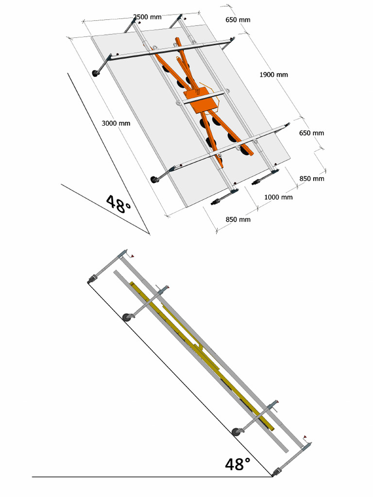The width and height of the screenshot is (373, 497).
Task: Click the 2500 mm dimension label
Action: (148, 17)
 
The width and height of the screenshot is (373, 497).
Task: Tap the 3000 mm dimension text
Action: (116, 123)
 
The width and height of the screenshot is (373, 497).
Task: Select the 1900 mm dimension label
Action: (273, 75)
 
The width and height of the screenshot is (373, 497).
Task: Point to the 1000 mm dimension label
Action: (278, 197)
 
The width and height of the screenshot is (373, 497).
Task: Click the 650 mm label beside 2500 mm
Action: (238, 20)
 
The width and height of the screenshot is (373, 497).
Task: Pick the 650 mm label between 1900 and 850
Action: (311, 133)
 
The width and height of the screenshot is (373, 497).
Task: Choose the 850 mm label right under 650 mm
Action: (311, 179)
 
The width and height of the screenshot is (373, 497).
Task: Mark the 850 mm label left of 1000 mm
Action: (238, 219)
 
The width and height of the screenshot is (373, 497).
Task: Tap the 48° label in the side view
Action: (238, 464)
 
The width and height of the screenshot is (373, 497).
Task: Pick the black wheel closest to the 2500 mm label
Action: (96, 73)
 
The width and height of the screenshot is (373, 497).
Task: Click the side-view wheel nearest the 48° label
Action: (237, 431)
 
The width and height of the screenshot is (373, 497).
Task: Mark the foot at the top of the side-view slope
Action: (91, 279)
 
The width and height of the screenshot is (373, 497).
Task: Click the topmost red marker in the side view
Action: (132, 256)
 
